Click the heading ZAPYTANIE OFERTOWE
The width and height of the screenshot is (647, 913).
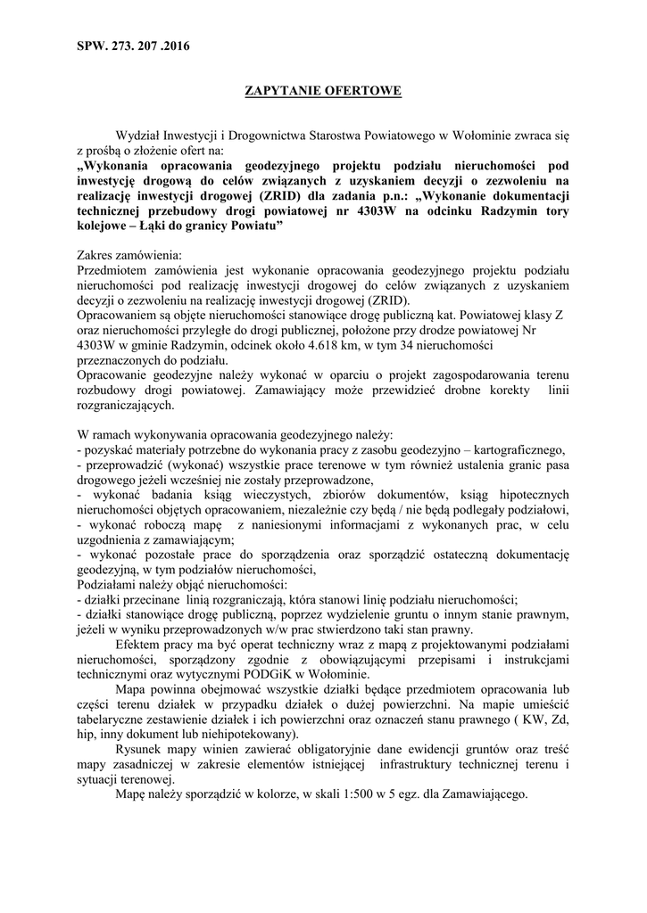pyautogui.click(x=322, y=90)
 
